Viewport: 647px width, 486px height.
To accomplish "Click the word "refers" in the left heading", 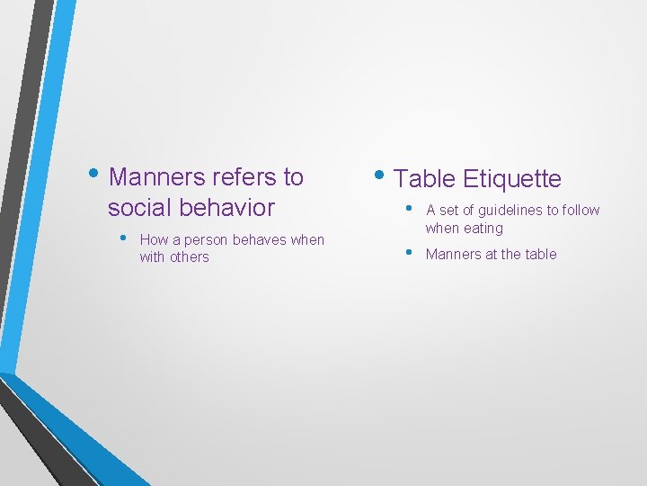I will point(246,177).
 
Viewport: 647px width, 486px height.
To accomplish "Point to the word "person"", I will point(207,240).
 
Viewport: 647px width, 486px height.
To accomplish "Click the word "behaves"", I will point(261,240).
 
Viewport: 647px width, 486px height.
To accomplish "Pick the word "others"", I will point(191,257).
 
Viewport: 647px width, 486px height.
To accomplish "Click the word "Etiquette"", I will point(512,179).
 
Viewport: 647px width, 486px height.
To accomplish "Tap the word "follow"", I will point(581,211).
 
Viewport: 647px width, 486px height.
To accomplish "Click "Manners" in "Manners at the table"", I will point(453,255).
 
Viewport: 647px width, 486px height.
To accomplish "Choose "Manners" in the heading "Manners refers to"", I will point(155,177).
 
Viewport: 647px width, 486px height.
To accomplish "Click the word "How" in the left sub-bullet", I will point(154,240).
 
